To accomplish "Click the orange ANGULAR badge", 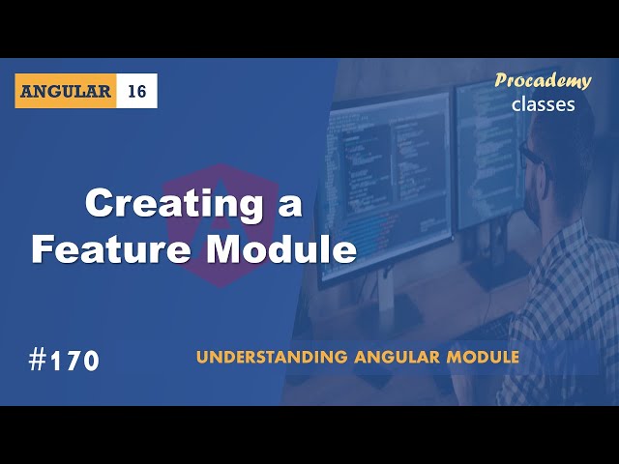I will click(x=65, y=91).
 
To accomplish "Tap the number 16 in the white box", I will click(x=136, y=91).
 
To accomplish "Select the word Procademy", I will click(x=542, y=80).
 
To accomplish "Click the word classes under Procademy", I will click(x=544, y=103).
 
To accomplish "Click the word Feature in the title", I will click(x=101, y=249).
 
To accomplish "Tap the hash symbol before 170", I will click(x=38, y=361).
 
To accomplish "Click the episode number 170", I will click(x=75, y=362).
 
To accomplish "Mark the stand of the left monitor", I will click(x=387, y=304).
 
